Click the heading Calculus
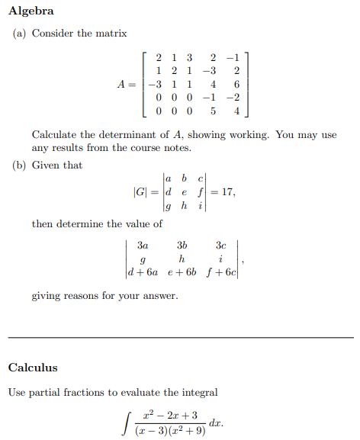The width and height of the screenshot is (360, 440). (x=33, y=368)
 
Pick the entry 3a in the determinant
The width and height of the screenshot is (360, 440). (x=143, y=246)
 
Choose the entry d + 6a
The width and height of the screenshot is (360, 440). (x=148, y=272)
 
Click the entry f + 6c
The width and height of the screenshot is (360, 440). (x=220, y=272)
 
